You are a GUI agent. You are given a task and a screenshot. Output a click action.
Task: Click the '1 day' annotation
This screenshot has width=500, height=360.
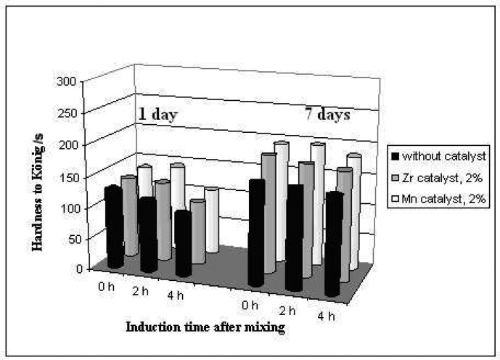pos(159,114)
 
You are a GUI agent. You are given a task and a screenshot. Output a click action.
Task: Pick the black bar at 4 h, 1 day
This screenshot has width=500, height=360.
pos(183,243)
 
